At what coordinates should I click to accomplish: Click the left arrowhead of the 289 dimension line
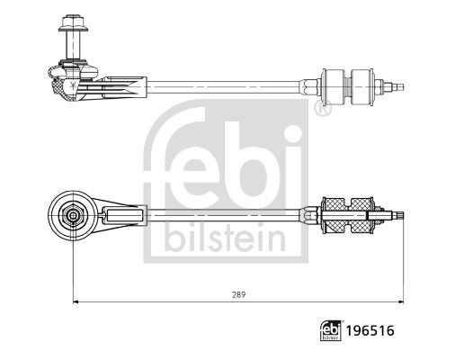[74, 301]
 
